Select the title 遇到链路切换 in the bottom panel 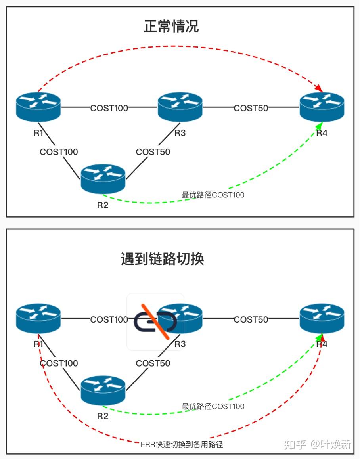pos(162,259)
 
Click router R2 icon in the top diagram pos(103,179)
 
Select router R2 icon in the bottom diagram pos(103,390)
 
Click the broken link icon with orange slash pos(155,321)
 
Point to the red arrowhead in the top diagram pos(318,87)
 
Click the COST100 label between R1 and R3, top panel pos(109,108)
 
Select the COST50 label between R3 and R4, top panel pos(251,108)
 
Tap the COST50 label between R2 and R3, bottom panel pos(153,363)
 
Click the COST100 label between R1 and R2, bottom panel pos(59,363)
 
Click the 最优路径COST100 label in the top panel pos(213,195)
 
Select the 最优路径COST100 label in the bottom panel pos(213,406)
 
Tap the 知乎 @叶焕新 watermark pos(318,444)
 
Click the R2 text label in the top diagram pos(103,205)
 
